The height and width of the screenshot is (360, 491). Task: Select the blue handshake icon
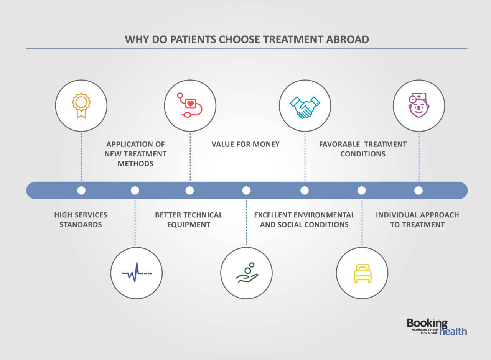pyautogui.click(x=305, y=106)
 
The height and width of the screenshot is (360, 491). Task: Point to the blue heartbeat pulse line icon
pyautogui.click(x=137, y=273)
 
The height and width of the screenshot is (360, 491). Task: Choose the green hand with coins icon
pyautogui.click(x=247, y=273)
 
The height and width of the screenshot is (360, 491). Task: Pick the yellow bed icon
pyautogui.click(x=362, y=273)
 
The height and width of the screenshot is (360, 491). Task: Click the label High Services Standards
pyautogui.click(x=81, y=220)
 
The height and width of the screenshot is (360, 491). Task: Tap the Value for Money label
pyautogui.click(x=245, y=145)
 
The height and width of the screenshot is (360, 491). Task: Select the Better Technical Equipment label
pyautogui.click(x=189, y=220)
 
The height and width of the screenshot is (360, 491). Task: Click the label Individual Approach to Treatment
pyautogui.click(x=417, y=220)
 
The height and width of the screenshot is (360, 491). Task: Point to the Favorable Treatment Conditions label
pyautogui.click(x=363, y=149)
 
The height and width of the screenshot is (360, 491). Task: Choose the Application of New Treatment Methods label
pyautogui.click(x=135, y=154)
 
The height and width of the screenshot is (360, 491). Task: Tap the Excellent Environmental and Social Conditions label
pyautogui.click(x=304, y=220)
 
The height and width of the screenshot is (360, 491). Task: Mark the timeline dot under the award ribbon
pyautogui.click(x=81, y=191)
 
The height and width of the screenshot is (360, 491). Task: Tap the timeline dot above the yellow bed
pyautogui.click(x=361, y=191)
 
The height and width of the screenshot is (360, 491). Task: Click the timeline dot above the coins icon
pyautogui.click(x=246, y=191)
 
